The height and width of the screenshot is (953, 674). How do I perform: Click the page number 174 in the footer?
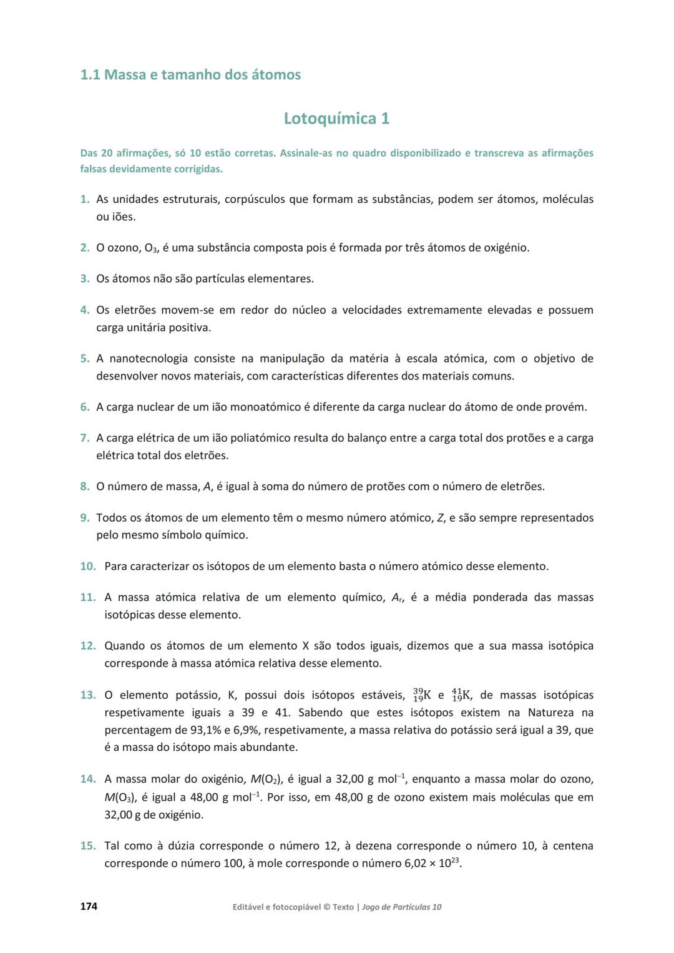89,906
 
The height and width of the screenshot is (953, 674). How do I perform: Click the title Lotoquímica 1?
336,118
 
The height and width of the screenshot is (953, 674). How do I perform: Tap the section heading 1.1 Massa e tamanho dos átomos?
190,75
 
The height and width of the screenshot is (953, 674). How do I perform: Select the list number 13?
87,695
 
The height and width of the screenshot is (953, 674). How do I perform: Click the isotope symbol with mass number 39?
422,695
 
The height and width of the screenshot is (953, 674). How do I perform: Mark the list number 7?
85,438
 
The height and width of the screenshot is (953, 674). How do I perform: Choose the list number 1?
85,200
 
